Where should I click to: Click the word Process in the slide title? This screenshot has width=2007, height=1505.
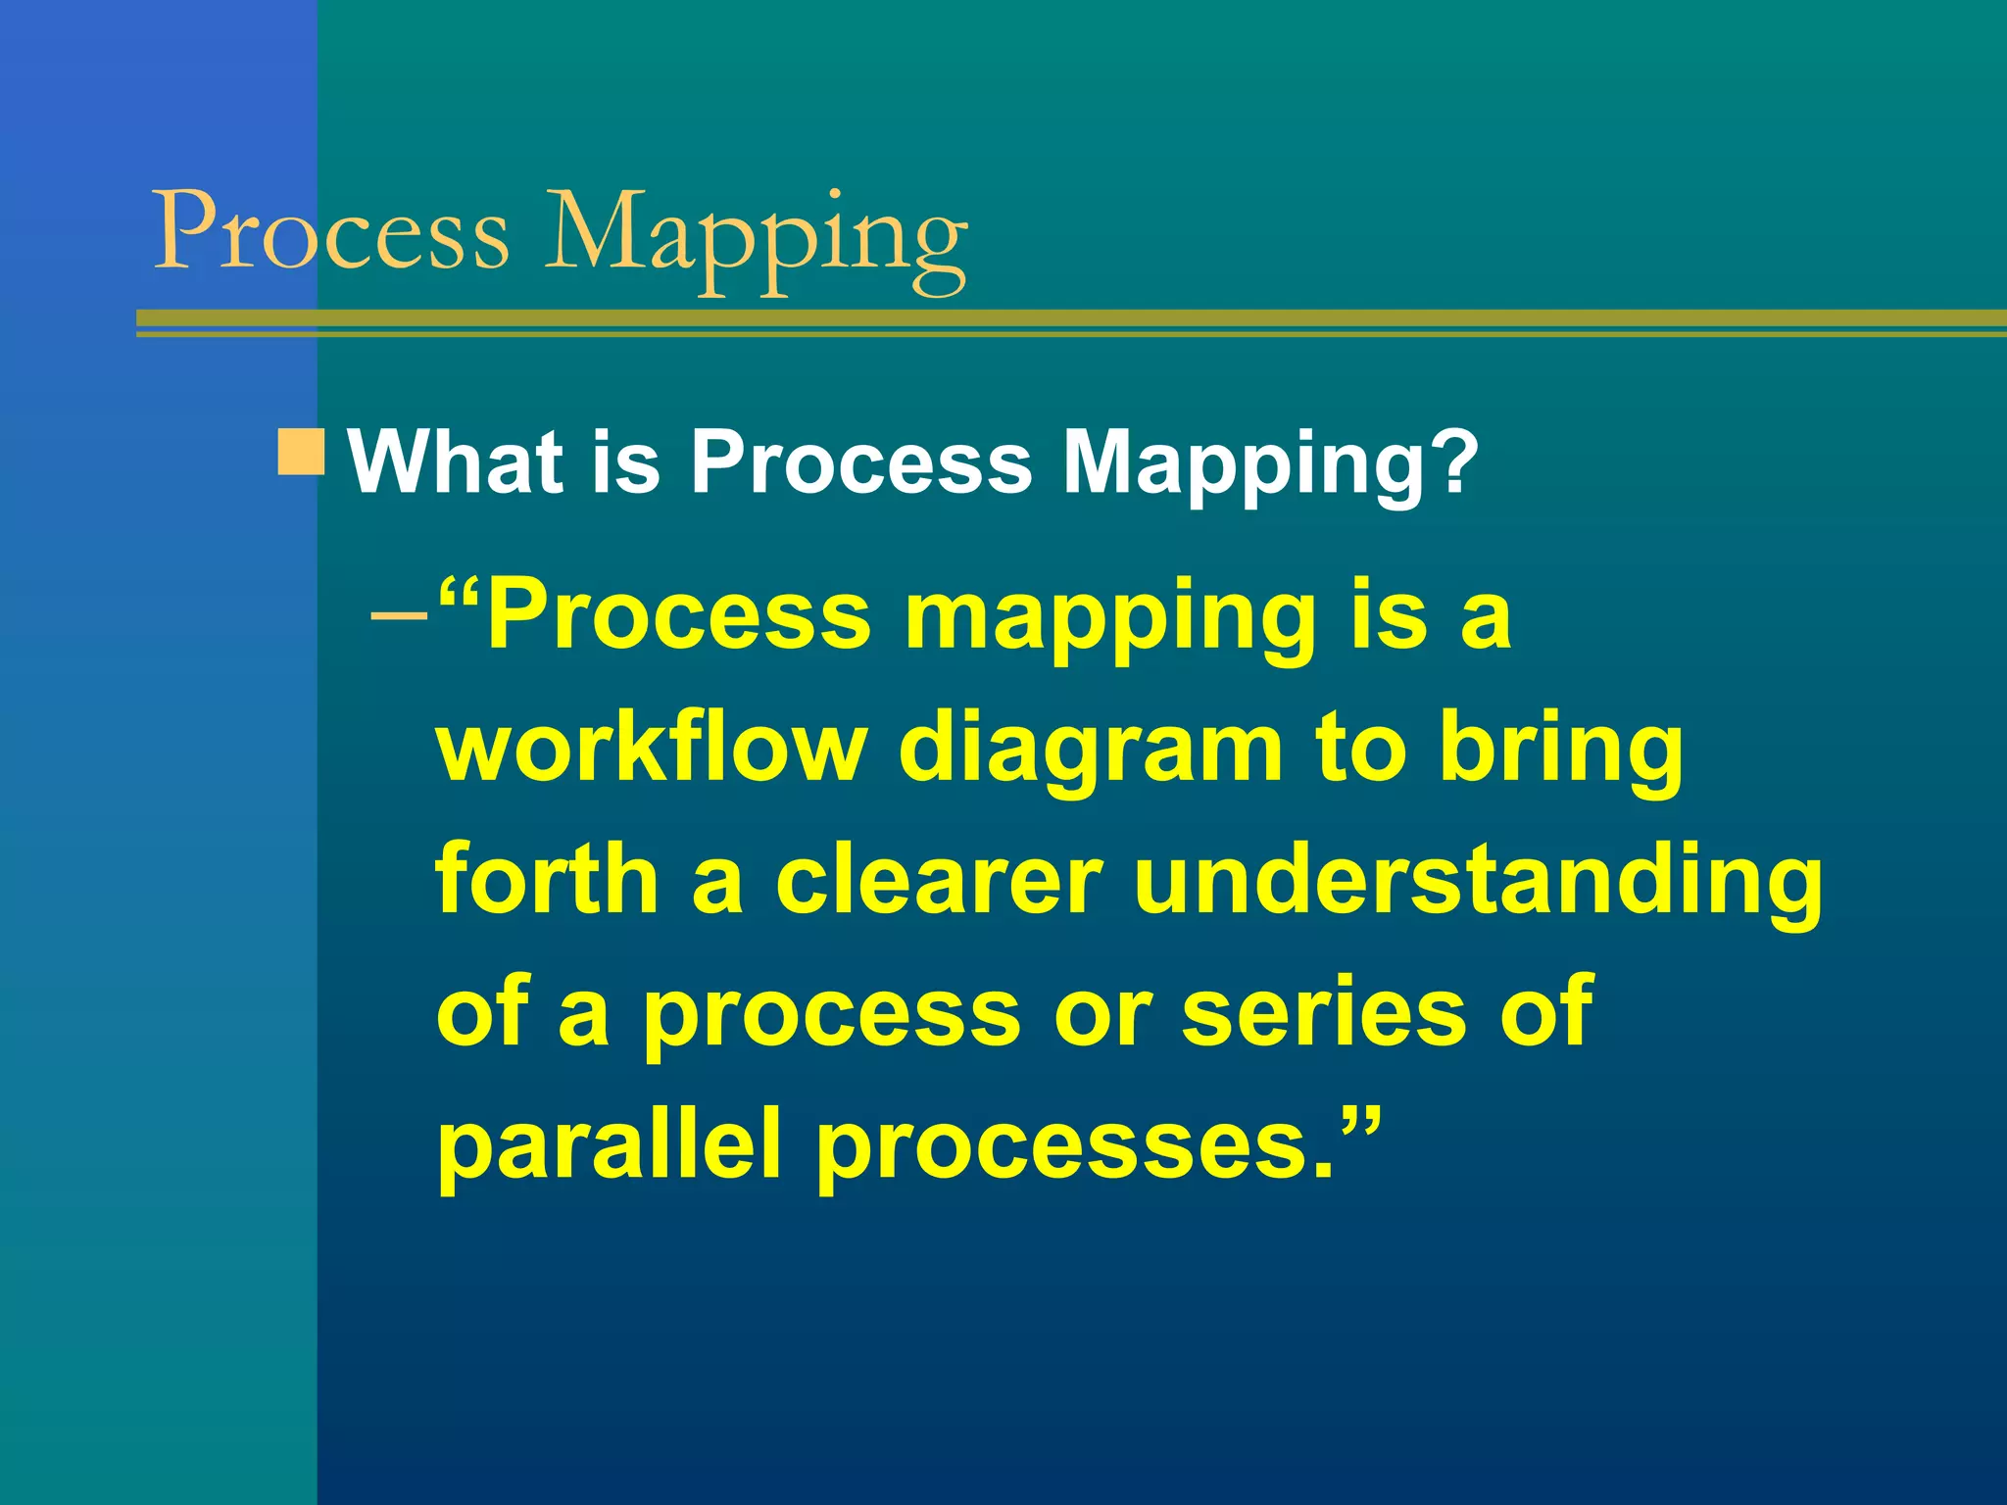click(x=331, y=231)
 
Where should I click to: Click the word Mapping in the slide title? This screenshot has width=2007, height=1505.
click(x=755, y=235)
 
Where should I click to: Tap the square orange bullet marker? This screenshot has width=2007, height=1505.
click(x=301, y=452)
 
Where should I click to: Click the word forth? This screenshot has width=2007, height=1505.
click(x=547, y=879)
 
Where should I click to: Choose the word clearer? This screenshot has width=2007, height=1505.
click(x=939, y=879)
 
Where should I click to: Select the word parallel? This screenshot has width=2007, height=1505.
click(x=608, y=1143)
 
